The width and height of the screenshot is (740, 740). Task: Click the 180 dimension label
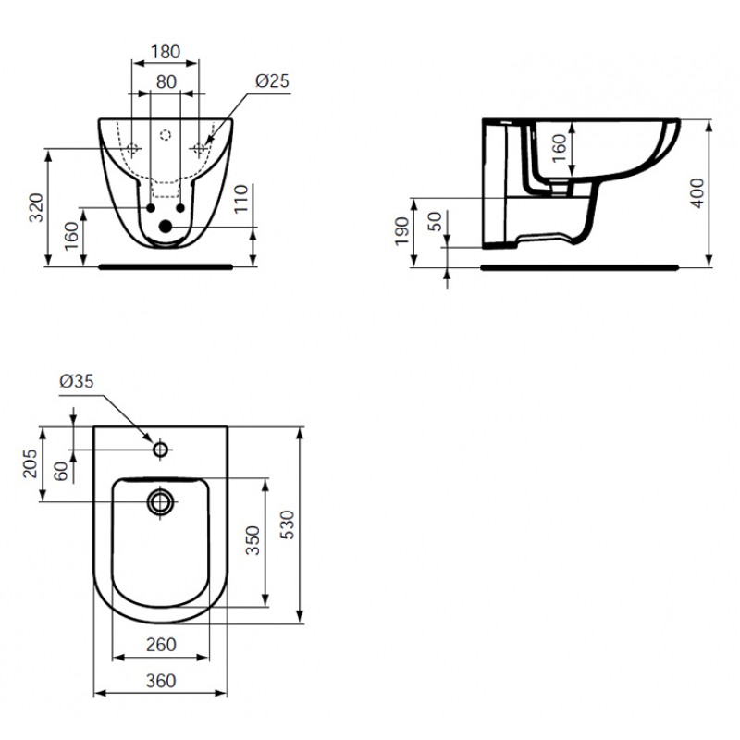click(166, 52)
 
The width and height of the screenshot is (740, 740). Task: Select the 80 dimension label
click(166, 81)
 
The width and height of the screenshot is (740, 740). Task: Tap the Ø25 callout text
click(272, 80)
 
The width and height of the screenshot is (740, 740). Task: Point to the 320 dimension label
click(36, 207)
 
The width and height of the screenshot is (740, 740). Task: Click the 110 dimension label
click(240, 199)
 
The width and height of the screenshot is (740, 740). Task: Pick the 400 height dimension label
click(697, 193)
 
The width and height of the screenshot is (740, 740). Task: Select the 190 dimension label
click(401, 231)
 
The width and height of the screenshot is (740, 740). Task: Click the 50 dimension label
click(435, 221)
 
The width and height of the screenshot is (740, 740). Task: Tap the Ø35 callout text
click(77, 381)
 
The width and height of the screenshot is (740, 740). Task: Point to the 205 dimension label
click(30, 463)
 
